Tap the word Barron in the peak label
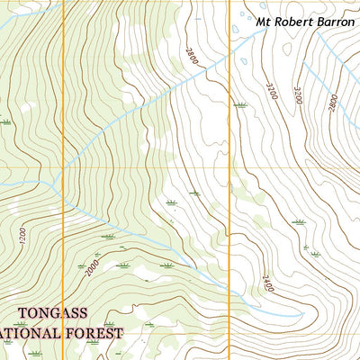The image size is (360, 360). pos(335,20)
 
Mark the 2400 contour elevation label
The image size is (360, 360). pos(267,290)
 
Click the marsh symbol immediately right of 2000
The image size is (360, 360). pos(122,265)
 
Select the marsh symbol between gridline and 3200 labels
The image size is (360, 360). pos(239,104)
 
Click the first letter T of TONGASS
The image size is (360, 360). pos(21,313)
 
